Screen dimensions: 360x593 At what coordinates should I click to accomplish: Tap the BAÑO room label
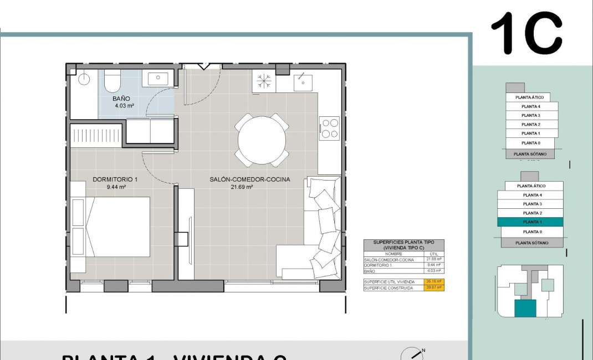[x=121, y=99]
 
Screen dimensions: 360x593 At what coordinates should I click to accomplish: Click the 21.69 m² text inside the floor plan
[x=242, y=187]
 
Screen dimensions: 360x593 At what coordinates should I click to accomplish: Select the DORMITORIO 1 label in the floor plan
[x=115, y=179]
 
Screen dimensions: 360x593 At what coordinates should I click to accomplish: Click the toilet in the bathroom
[x=112, y=81]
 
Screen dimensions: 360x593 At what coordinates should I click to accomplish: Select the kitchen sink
[x=303, y=81]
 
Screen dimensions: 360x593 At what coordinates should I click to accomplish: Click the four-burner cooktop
[x=330, y=128]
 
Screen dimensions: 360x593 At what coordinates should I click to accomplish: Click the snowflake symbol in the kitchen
[x=263, y=82]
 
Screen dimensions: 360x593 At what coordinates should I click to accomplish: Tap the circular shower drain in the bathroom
[x=84, y=79]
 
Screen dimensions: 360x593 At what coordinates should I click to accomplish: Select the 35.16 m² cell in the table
[x=434, y=282]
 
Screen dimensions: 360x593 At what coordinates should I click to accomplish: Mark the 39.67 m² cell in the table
[x=434, y=287]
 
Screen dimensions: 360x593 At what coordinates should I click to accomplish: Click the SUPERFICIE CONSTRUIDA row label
[x=388, y=288]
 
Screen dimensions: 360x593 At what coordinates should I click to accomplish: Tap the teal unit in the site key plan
[x=525, y=308]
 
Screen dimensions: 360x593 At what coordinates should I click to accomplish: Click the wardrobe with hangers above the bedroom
[x=96, y=135]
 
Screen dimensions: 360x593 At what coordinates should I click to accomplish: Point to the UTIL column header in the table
[x=433, y=254]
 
